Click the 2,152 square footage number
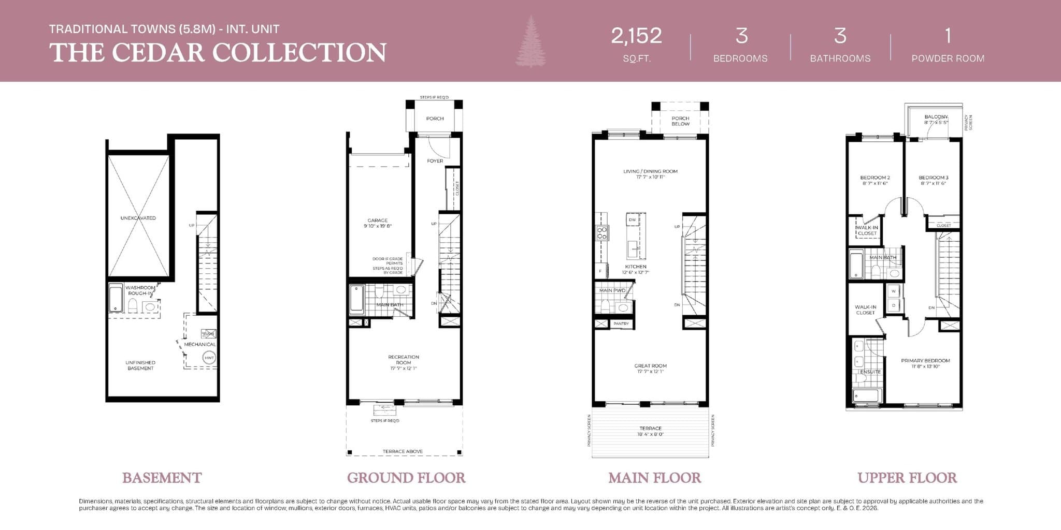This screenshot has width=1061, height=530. tap(636, 36)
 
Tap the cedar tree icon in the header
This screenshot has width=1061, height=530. tap(530, 41)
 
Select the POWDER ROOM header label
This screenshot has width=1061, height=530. tap(948, 58)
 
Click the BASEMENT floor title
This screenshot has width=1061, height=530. tap(162, 478)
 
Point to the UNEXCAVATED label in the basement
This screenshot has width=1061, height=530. tap(138, 218)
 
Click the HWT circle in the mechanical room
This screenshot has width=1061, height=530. tap(209, 358)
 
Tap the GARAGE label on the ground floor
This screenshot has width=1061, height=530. tap(378, 220)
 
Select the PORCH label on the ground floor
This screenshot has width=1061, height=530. tap(435, 119)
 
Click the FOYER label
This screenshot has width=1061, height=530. tap(435, 161)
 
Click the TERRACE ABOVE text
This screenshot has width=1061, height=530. tap(403, 451)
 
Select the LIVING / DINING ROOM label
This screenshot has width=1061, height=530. tap(650, 171)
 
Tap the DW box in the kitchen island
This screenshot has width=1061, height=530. tap(632, 220)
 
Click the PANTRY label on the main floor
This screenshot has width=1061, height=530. tap(621, 323)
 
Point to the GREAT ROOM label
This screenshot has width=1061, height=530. tap(650, 366)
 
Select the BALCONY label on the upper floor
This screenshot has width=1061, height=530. tap(936, 117)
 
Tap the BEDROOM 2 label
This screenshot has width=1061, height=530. tap(875, 178)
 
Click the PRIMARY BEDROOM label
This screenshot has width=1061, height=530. tap(925, 361)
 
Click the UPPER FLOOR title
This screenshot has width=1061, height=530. tap(907, 478)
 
